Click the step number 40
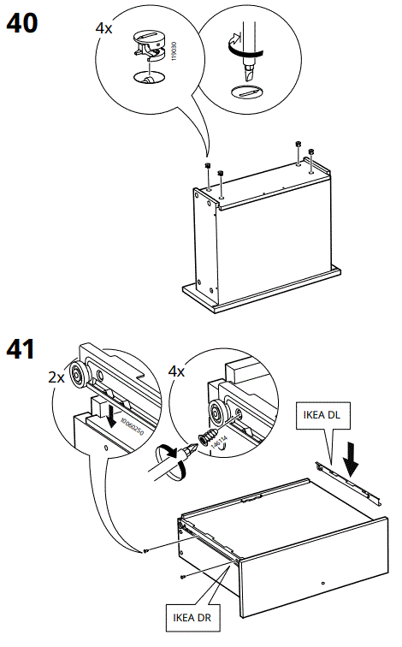(22, 22)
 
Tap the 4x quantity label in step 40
(103, 28)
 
